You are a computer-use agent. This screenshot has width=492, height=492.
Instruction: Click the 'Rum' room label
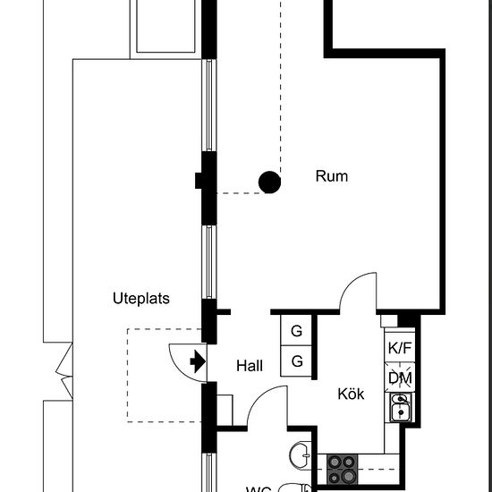click(x=331, y=176)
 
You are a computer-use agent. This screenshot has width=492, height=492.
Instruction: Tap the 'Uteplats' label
click(x=141, y=299)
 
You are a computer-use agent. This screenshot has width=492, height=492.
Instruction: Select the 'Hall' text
click(x=251, y=365)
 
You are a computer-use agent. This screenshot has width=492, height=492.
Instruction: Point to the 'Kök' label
click(x=351, y=394)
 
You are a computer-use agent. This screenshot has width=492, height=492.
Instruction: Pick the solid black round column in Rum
click(x=269, y=182)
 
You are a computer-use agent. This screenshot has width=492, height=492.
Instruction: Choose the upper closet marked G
click(x=295, y=331)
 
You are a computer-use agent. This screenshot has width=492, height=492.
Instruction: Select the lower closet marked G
click(x=295, y=362)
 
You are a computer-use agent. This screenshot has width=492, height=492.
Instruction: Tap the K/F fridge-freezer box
click(x=400, y=349)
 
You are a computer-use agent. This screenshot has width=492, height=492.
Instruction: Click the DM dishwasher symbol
click(x=400, y=378)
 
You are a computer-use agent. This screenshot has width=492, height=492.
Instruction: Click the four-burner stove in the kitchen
click(x=342, y=462)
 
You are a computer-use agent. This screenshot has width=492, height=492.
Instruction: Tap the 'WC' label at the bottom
click(x=259, y=488)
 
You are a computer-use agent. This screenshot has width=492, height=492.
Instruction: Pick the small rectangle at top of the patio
click(x=165, y=27)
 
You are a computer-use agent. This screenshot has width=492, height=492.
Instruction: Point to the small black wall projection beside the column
click(x=199, y=182)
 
